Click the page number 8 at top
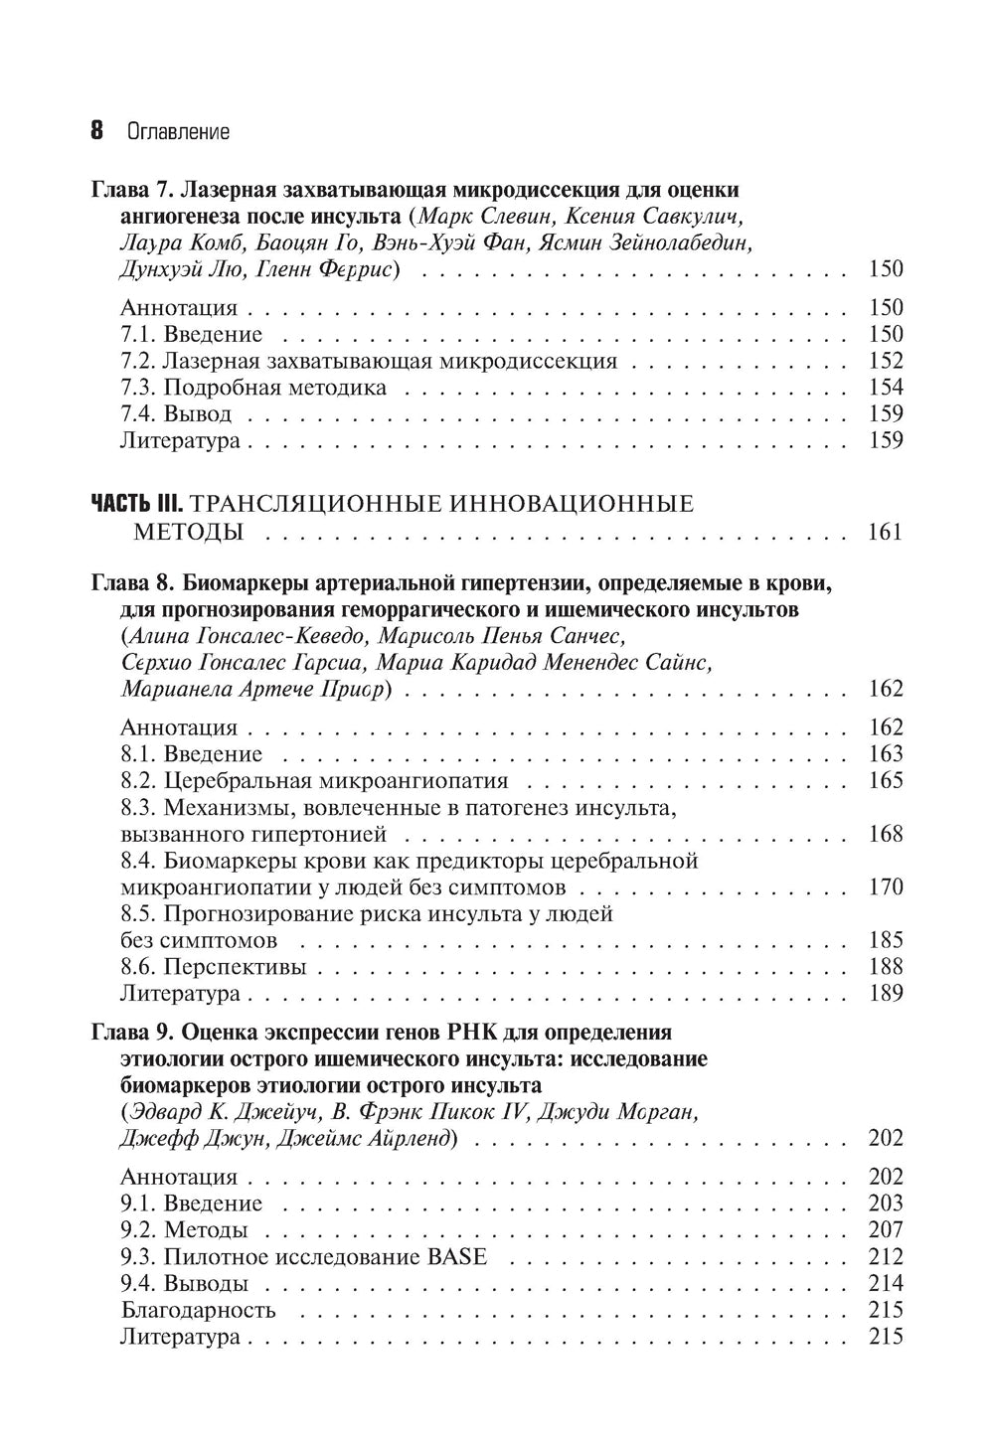pyautogui.click(x=97, y=131)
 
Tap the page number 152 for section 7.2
pyautogui.click(x=885, y=361)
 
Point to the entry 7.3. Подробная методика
pyautogui.click(x=253, y=388)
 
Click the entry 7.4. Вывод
pyautogui.click(x=176, y=414)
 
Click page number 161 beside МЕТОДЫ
pyautogui.click(x=885, y=533)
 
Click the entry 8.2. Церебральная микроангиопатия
pyautogui.click(x=314, y=780)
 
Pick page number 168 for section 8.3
pyautogui.click(x=885, y=834)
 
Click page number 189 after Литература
pyautogui.click(x=885, y=993)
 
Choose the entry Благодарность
pyautogui.click(x=198, y=1310)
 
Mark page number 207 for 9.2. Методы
pyautogui.click(x=885, y=1229)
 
